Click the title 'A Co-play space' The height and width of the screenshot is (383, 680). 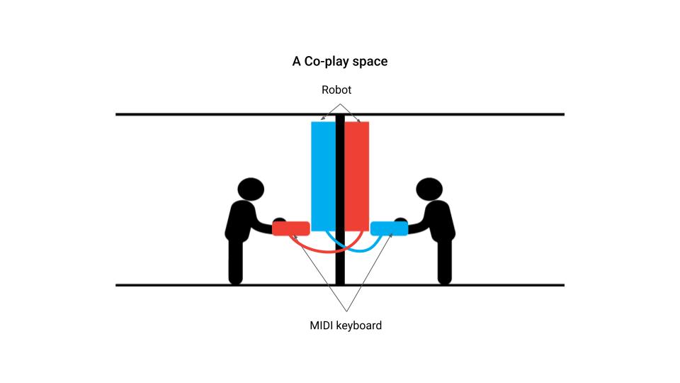340,62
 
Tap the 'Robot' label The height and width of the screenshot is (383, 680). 336,90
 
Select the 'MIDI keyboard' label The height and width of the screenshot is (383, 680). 346,326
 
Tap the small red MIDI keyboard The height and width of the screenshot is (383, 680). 291,228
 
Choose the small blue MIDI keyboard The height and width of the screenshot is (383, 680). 388,228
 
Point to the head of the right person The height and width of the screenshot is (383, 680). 429,189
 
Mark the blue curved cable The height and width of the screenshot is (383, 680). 354,249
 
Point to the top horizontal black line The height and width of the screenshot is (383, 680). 212,114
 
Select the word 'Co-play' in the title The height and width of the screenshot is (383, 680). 322,62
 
